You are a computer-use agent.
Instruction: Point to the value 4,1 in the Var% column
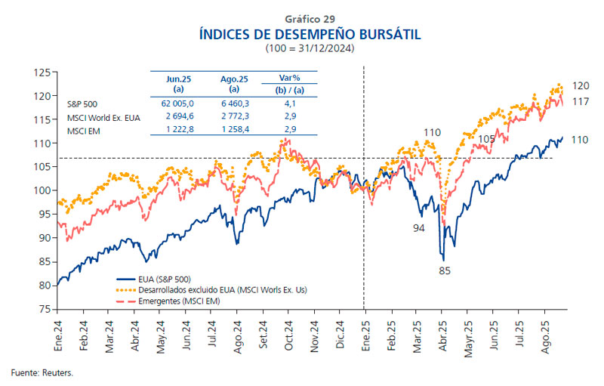click(x=289, y=103)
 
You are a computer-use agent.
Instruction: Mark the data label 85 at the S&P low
click(x=444, y=269)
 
